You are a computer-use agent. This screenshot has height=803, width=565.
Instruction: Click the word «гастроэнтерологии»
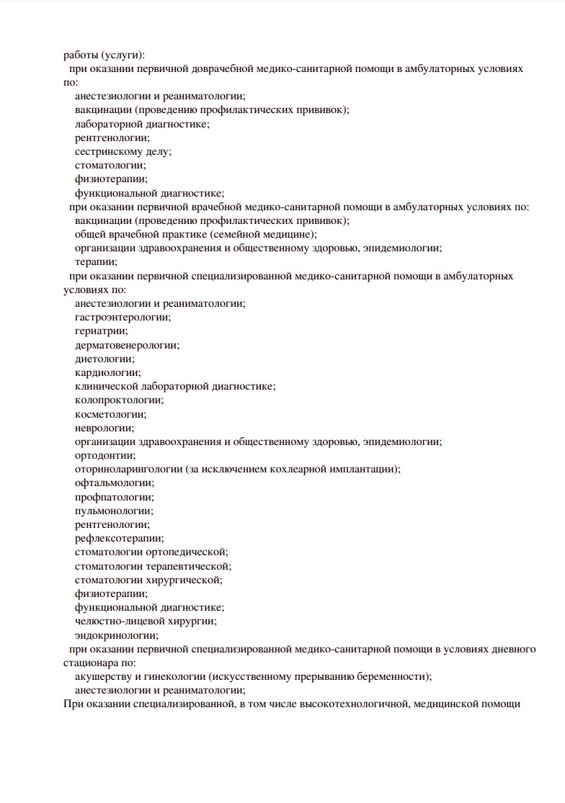pos(123,318)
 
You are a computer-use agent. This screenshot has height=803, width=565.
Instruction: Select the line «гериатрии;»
pos(102,331)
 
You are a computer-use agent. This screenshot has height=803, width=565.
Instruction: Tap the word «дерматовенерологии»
pos(127,345)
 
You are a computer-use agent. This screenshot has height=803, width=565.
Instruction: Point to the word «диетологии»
pos(104,359)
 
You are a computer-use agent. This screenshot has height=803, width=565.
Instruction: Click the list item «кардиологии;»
pos(108,372)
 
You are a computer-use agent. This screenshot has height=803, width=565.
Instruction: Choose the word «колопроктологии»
pos(118,400)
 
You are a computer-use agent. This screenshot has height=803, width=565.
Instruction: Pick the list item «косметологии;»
pos(110,414)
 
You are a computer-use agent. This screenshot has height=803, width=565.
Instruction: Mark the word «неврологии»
pos(103,428)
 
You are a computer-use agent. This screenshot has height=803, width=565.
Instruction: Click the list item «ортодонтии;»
pos(105,455)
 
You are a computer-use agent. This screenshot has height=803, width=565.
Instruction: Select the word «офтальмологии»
pos(114,483)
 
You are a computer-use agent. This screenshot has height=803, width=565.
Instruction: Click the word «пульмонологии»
pos(113,511)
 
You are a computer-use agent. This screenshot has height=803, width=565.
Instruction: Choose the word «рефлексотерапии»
pos(118,538)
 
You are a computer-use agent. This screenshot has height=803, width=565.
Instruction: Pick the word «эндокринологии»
pos(116,635)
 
